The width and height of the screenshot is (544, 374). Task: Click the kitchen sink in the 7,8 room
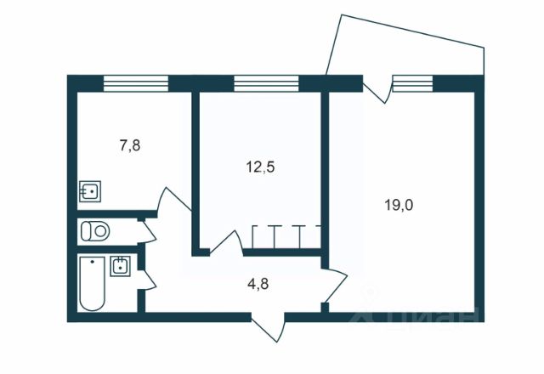(x=89, y=190)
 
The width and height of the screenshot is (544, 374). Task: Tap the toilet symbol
(x=93, y=229)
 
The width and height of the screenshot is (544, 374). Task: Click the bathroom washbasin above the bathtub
(x=122, y=266)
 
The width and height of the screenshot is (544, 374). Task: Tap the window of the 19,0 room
(x=413, y=82)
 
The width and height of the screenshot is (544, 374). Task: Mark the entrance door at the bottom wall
(x=267, y=328)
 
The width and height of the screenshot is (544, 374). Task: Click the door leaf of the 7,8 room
(x=175, y=201)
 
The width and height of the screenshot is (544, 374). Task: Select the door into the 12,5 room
(x=223, y=241)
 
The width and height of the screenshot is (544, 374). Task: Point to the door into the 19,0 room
(x=335, y=287)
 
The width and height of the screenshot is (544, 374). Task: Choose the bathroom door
(x=146, y=276)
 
